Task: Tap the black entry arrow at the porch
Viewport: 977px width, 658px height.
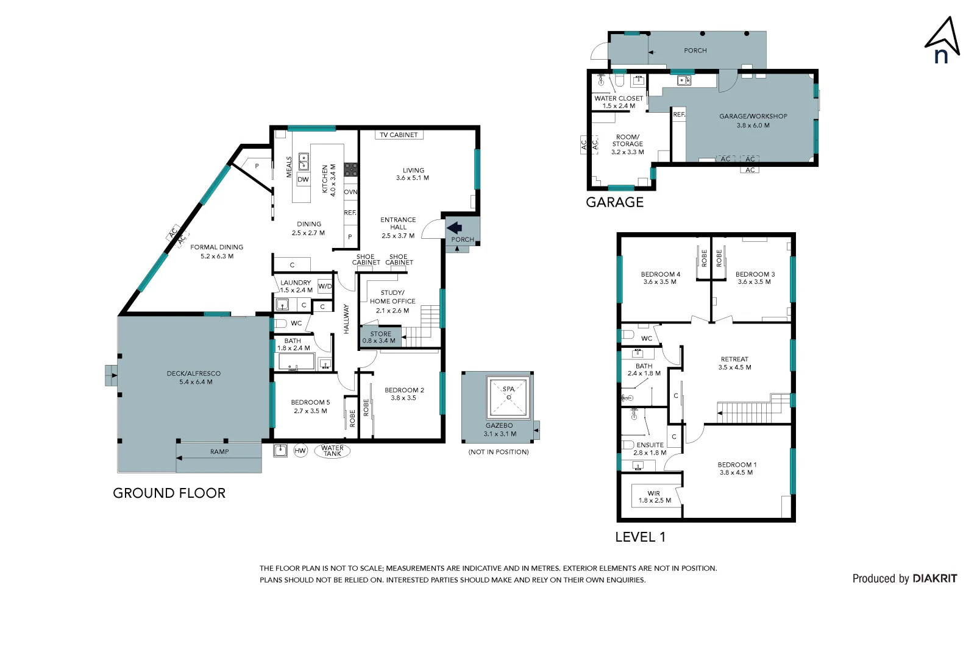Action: pos(455,228)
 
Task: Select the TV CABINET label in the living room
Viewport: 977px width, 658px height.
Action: pos(399,135)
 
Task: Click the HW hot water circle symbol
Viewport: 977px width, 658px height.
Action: pos(300,451)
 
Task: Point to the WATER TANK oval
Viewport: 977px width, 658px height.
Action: pos(332,451)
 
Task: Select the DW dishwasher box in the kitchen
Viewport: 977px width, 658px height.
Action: pos(303,179)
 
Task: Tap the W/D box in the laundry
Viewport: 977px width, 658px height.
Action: pos(325,286)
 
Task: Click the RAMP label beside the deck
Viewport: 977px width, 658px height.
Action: pos(219,451)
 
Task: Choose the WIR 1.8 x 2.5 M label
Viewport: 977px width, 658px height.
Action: pos(655,497)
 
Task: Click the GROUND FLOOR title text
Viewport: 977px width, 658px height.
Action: pos(169,493)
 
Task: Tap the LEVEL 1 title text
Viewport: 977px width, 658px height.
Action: pos(640,537)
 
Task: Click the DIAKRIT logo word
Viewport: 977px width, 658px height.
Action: pos(934,578)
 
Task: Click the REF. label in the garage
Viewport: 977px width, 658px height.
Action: pos(679,115)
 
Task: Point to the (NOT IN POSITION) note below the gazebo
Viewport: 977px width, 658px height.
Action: pos(498,452)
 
